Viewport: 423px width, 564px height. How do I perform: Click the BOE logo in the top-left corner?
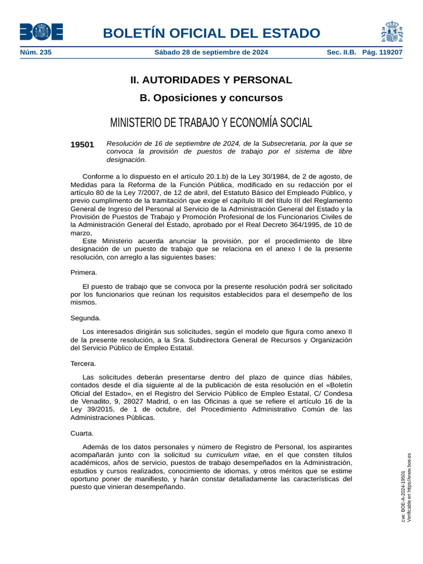coord(41,31)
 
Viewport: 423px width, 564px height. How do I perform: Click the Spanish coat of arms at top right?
coord(391,31)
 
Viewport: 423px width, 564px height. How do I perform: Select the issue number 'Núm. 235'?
coord(36,52)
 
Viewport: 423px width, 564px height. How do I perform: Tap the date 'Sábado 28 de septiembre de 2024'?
coord(211,52)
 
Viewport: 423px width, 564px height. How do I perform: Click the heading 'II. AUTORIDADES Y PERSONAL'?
coord(211,80)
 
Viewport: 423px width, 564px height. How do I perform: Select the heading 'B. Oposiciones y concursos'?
coord(211,98)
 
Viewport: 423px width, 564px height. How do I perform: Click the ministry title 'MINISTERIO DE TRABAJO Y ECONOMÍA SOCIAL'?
coord(211,122)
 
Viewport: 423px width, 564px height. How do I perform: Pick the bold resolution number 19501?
coord(82,144)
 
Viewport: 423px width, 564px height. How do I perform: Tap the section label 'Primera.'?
coord(84,272)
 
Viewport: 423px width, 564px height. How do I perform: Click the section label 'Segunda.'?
coord(85,318)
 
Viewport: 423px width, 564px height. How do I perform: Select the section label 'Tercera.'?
coord(83,364)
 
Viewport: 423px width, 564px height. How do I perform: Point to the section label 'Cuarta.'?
coord(82,433)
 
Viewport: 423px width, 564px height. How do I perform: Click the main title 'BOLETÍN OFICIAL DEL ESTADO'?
coord(211,33)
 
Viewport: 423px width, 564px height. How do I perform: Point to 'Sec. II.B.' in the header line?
coord(341,52)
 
